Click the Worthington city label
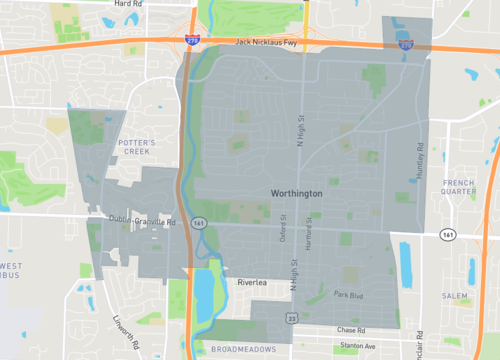click(x=296, y=193)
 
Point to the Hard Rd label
click(x=128, y=4)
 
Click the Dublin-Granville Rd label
click(x=142, y=220)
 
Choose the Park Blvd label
click(x=348, y=295)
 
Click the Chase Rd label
click(x=352, y=329)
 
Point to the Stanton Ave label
click(x=358, y=346)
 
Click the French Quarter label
click(x=459, y=188)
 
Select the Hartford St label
click(x=309, y=231)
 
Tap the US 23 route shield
click(x=291, y=317)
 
